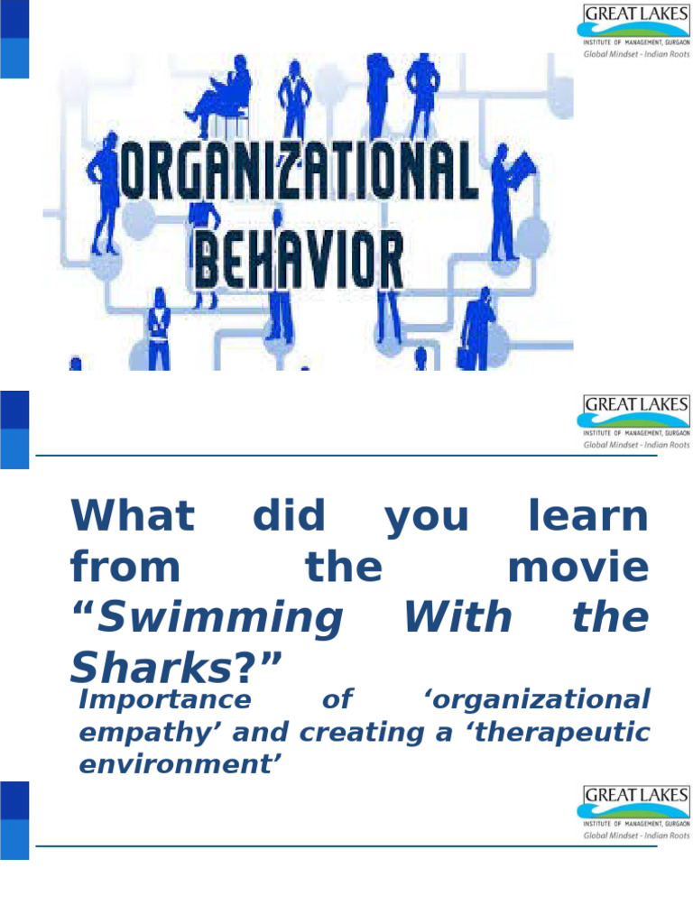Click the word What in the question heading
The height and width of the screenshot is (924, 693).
point(132,517)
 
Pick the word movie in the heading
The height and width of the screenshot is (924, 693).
point(578,568)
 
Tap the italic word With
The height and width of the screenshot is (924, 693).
point(457,618)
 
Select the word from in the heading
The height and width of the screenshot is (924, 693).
point(125,568)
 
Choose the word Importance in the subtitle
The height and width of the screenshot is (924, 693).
point(165,699)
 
